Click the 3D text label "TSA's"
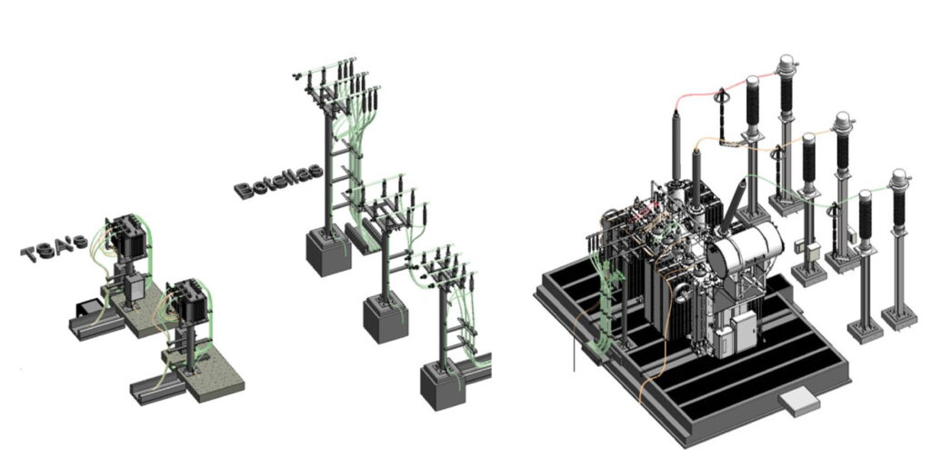[x=54, y=246]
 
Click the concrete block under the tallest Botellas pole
[x=327, y=250]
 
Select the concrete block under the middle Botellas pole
[x=385, y=318]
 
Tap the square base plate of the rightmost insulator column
[x=898, y=316]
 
